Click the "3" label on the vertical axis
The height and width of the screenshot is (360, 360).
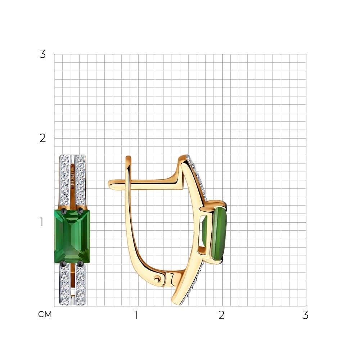42,54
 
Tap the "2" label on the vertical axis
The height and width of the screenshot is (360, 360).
42,138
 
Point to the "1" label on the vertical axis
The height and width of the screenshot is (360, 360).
41,222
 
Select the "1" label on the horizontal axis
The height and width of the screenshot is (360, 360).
136,315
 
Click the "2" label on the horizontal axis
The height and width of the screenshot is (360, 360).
221,315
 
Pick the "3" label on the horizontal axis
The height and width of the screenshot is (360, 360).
305,315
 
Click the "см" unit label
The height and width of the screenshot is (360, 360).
45,314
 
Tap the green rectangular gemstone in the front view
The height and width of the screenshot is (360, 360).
72,237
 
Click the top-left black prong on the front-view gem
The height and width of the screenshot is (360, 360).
64,211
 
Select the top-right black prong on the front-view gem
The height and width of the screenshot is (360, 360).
80,210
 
